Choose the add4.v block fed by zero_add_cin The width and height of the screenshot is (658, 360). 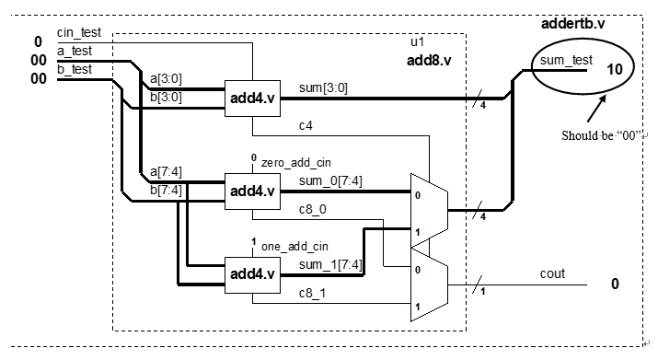(x=253, y=191)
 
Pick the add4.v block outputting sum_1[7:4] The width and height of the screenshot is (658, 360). (x=253, y=273)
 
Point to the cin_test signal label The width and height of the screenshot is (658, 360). (x=77, y=33)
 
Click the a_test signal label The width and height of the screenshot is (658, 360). (x=74, y=53)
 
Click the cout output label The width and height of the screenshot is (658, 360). (x=552, y=273)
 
